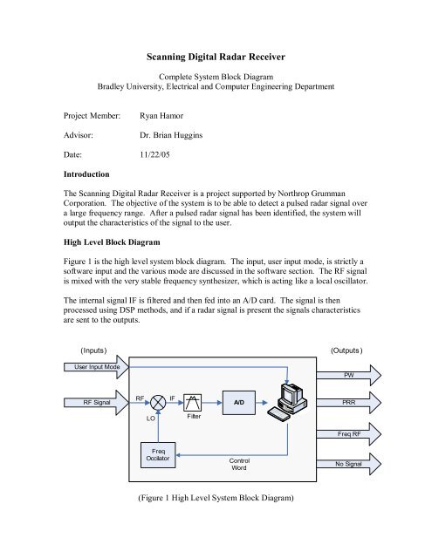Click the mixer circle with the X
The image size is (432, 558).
tap(158, 404)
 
